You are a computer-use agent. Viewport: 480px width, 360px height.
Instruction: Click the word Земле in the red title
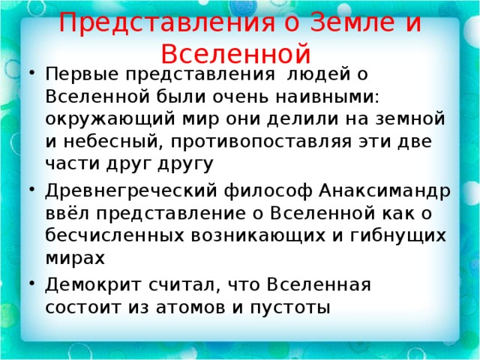(x=352, y=22)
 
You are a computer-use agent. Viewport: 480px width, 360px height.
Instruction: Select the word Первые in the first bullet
(x=82, y=75)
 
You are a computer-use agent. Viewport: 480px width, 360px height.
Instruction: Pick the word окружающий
(x=110, y=120)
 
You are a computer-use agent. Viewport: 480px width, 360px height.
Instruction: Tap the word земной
(x=410, y=118)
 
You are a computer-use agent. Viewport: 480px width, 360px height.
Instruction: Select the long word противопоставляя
(x=261, y=142)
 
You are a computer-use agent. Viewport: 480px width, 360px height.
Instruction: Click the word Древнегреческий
(x=131, y=191)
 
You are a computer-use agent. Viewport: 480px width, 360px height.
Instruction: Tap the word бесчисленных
(x=115, y=236)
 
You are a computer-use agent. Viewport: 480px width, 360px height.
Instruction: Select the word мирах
(x=75, y=259)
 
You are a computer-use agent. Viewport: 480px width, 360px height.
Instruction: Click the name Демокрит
(x=93, y=286)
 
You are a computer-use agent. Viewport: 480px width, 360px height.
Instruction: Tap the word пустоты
(x=290, y=308)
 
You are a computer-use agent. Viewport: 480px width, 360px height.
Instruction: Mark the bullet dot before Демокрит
(x=31, y=283)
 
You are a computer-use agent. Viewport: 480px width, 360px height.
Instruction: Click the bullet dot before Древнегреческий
(x=31, y=189)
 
